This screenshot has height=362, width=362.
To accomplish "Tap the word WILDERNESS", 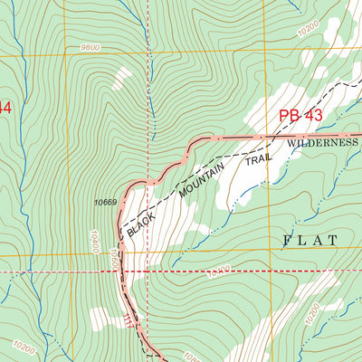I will click(x=323, y=143).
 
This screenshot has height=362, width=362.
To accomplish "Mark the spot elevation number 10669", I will click(x=105, y=202).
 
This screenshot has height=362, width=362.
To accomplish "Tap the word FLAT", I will click(x=310, y=240).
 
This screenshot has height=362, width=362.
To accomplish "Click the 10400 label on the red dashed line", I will click(x=218, y=270).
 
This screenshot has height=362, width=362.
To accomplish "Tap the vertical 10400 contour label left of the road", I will click(x=92, y=240).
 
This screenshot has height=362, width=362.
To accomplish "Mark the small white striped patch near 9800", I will click(x=117, y=80).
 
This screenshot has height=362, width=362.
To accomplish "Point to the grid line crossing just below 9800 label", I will click(x=66, y=57).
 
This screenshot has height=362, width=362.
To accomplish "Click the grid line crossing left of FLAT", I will click(x=266, y=253).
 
